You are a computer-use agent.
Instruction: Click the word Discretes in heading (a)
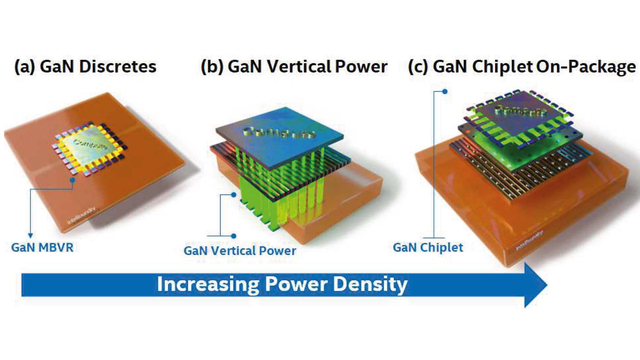tap(118, 67)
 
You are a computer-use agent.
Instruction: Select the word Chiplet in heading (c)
tap(502, 67)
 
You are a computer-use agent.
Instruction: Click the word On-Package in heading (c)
tap(586, 67)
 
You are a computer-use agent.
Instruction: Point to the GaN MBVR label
tap(42, 248)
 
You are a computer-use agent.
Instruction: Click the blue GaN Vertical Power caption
tap(239, 251)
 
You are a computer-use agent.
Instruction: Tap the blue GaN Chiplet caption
tap(428, 248)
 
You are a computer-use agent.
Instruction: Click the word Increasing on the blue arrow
tap(208, 284)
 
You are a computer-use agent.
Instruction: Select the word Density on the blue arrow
tap(370, 284)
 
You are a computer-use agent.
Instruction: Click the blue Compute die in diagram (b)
tap(280, 135)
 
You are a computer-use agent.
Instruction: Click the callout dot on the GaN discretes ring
tap(72, 180)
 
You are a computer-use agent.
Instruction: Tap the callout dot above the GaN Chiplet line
tap(445, 92)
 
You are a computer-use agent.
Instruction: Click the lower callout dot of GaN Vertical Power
tap(234, 236)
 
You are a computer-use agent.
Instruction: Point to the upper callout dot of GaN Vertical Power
tap(234, 195)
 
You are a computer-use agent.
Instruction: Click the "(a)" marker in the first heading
tap(25, 67)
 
